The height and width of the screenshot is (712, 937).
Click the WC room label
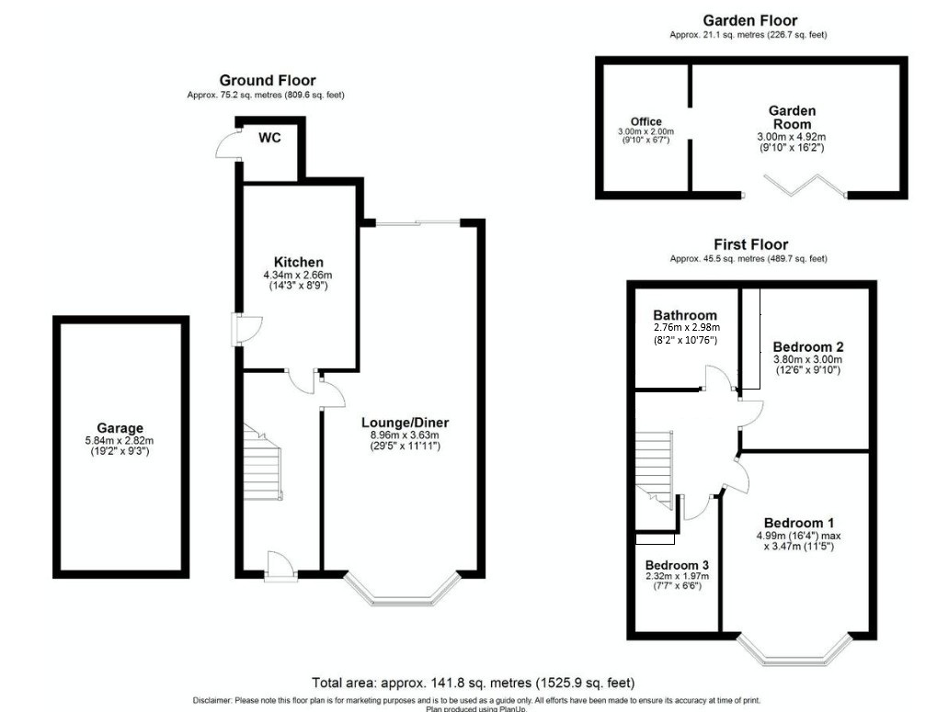(269, 138)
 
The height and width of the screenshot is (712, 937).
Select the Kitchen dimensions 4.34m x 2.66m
(298, 275)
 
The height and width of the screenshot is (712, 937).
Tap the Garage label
(120, 428)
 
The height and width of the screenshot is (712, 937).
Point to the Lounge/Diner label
(406, 423)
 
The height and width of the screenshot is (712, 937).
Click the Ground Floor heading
(267, 80)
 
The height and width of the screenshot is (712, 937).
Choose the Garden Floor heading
(750, 20)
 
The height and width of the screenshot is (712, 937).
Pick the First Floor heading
(750, 244)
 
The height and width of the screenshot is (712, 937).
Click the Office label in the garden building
(646, 121)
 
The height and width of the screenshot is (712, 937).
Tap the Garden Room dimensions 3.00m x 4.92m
(792, 137)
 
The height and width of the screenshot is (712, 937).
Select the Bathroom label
(685, 315)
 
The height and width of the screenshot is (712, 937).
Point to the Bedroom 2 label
(808, 346)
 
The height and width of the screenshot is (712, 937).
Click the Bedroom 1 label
(799, 524)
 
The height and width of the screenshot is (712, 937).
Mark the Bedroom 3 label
(677, 565)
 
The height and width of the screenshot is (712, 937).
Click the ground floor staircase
(262, 462)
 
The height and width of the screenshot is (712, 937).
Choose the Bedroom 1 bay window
(794, 650)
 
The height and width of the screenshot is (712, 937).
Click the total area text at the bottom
(473, 683)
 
